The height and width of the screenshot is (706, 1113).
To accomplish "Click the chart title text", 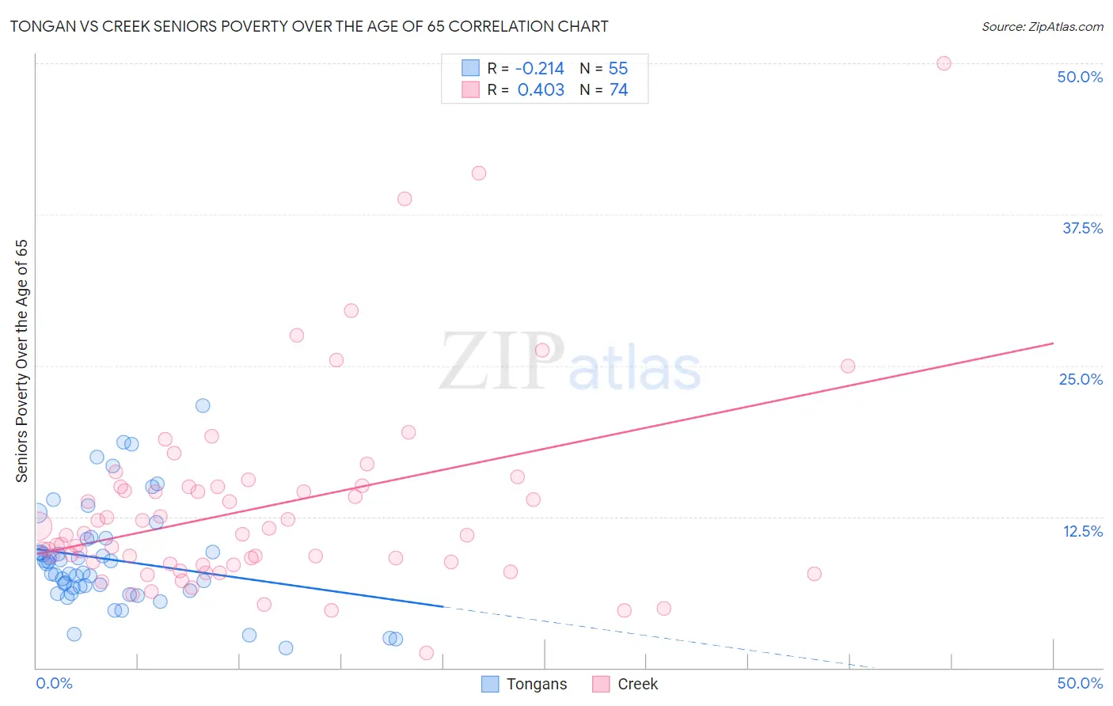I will [309, 26].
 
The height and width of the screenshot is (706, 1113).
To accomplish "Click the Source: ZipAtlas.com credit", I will [1042, 26].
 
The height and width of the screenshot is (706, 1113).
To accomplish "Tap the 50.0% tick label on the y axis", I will [1080, 77].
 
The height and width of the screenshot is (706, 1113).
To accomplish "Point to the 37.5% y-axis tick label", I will [1082, 228].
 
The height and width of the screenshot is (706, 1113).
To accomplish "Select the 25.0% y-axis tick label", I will [1081, 379].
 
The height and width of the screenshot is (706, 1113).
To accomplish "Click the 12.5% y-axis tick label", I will [1082, 531].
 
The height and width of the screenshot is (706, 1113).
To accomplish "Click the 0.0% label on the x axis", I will [54, 683].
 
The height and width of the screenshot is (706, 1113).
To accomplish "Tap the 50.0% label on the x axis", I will [1080, 683].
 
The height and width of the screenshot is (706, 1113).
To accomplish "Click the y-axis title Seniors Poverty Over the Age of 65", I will [22, 360].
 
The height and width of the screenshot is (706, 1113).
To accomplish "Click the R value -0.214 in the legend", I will [539, 69].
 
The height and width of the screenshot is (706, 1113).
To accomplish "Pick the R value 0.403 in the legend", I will [541, 90].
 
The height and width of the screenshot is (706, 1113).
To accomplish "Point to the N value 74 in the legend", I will [618, 90].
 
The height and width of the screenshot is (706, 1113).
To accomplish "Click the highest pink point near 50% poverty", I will [944, 63].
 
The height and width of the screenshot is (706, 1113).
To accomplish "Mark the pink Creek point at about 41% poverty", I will [479, 173].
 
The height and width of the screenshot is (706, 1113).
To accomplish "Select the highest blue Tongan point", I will [203, 405].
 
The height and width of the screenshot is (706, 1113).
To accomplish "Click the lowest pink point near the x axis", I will [427, 653].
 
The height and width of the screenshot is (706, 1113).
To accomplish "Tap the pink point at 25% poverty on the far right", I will [848, 366].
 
